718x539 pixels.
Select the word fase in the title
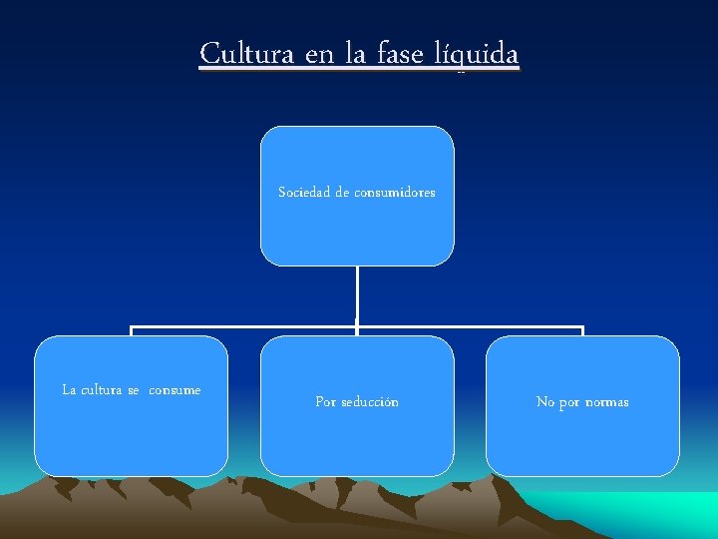403,53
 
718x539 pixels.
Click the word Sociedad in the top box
304,193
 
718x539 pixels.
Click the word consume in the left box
175,390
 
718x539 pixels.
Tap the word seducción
370,402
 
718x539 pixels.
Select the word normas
606,402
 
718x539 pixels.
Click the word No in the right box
545,402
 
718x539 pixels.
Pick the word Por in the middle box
325,402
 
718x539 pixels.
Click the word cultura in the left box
101,390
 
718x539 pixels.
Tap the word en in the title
319,53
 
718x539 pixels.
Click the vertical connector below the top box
357,294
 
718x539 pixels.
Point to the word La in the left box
69,390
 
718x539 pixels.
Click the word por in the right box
569,402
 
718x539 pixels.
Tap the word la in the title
355,53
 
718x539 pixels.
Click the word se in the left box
134,390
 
